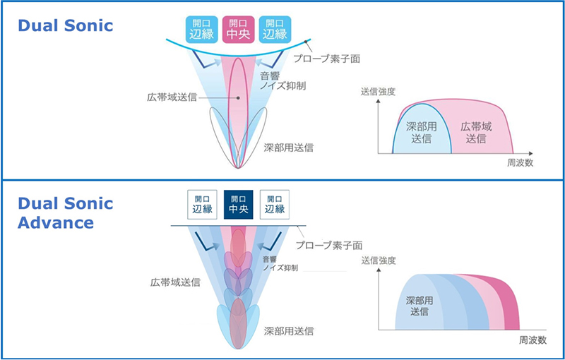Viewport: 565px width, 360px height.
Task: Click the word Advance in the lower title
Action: tap(56, 222)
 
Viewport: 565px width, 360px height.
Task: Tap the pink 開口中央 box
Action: tap(238, 30)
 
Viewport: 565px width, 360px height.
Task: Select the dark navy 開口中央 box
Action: tap(238, 205)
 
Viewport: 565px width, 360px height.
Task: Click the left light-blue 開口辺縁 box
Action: tap(202, 30)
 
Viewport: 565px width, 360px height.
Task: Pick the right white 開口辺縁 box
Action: tap(275, 205)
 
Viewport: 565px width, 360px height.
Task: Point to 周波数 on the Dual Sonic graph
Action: tap(520, 163)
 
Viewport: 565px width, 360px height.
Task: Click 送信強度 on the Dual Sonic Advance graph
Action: tap(379, 260)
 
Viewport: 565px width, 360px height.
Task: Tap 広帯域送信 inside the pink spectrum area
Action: tap(476, 133)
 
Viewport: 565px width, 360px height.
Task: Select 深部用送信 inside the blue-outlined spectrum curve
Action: tap(421, 133)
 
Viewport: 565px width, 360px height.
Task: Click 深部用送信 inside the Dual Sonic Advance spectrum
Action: tap(420, 306)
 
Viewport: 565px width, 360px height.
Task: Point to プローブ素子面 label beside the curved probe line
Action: tap(326, 59)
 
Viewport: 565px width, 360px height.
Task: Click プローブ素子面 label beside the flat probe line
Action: tap(329, 245)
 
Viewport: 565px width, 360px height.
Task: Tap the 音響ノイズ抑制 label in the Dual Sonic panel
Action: tap(282, 81)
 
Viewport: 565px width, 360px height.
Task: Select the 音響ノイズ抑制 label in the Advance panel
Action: tap(280, 263)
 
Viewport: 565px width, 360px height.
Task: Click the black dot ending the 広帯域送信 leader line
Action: tap(238, 97)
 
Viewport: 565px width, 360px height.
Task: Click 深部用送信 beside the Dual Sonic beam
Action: tap(288, 148)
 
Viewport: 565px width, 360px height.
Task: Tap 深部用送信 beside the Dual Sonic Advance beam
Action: tap(288, 331)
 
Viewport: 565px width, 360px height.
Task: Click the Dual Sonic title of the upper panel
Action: tap(65, 25)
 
